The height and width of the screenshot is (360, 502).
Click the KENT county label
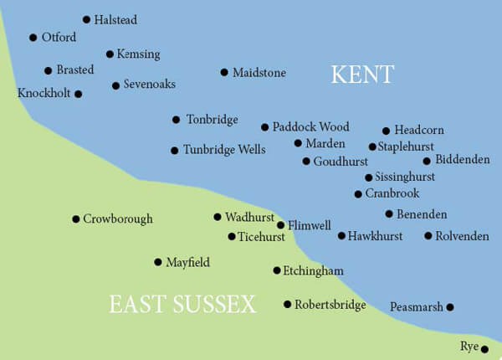pos(362,75)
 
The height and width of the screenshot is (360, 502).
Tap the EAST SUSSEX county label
pos(182,305)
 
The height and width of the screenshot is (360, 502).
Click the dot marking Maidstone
pos(224,72)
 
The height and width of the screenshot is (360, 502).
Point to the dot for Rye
pos(484,349)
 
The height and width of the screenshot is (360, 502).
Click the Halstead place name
pos(115,19)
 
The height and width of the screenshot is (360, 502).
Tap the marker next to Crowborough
pos(75,219)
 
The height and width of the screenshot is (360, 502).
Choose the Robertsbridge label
pos(330,305)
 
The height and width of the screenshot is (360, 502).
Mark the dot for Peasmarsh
pos(450,307)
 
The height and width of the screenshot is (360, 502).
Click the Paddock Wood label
pos(310,127)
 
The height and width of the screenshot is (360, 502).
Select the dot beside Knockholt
pos(78,94)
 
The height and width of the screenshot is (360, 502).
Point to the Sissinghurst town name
pos(405,177)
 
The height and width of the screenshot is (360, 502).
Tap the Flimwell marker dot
pos(281,225)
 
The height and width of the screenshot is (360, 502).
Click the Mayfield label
pos(187,263)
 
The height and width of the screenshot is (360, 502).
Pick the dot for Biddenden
pos(427,161)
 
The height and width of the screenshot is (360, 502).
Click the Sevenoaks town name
pos(149,85)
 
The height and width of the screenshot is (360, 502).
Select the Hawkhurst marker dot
pos(341,236)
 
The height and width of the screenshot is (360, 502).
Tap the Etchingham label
pos(314,271)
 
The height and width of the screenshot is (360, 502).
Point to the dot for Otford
pos(33,38)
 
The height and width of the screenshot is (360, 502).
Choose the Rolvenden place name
pos(462,236)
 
